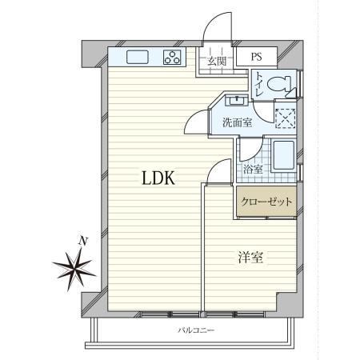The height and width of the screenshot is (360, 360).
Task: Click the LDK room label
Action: (x=158, y=178)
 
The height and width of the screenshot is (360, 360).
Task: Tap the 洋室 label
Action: (x=250, y=258)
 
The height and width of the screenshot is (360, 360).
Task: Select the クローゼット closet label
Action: (x=266, y=202)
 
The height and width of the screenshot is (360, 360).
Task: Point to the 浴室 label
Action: (x=253, y=170)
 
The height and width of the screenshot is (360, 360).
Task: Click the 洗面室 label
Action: (x=238, y=122)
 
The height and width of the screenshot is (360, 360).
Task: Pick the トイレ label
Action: (x=259, y=85)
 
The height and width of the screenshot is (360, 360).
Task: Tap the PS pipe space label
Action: (x=256, y=57)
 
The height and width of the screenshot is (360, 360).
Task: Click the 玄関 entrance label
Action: (x=217, y=62)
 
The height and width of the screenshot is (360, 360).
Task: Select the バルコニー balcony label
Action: (x=196, y=330)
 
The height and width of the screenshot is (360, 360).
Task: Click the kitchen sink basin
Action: (x=138, y=57)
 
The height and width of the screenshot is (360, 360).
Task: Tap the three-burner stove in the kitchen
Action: (x=172, y=58)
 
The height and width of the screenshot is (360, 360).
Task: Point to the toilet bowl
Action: (x=279, y=84)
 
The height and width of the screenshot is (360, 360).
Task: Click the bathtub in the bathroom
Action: (x=284, y=155)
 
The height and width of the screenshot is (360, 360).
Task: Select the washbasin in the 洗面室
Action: (x=237, y=101)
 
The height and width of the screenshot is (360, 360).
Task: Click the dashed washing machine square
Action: (x=286, y=118)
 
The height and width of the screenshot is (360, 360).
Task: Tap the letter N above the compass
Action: (x=83, y=242)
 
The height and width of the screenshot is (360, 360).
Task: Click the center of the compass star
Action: (x=75, y=269)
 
